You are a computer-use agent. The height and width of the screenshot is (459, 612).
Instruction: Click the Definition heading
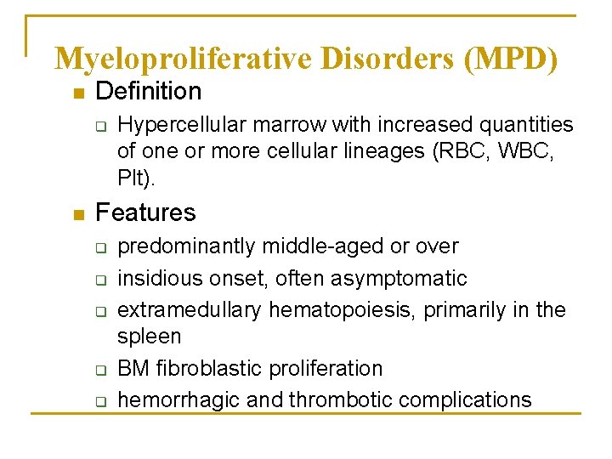149,91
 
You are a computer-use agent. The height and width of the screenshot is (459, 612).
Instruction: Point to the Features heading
146,212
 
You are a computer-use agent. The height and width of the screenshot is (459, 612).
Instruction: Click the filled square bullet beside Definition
78,93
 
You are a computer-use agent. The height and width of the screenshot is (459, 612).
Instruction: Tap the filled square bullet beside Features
78,214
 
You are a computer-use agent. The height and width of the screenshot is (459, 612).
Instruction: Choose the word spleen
149,337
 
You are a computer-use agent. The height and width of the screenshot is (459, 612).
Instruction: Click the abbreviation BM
132,369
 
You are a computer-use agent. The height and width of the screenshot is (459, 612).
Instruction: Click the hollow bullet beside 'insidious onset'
99,280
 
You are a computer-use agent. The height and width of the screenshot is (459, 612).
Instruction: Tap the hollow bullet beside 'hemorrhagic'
99,401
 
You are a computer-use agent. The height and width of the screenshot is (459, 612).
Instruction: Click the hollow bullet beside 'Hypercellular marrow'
99,127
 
